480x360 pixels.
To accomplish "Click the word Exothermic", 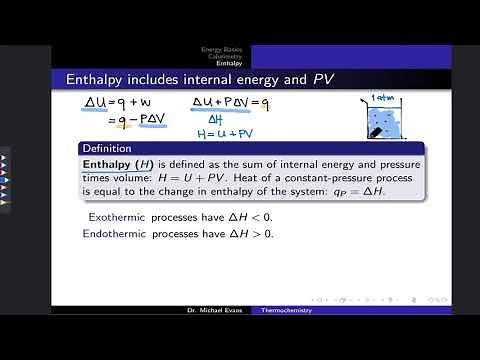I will [x=112, y=216].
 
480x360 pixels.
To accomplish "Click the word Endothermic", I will [x=114, y=233].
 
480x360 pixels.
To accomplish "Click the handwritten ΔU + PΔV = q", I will [x=233, y=103].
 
